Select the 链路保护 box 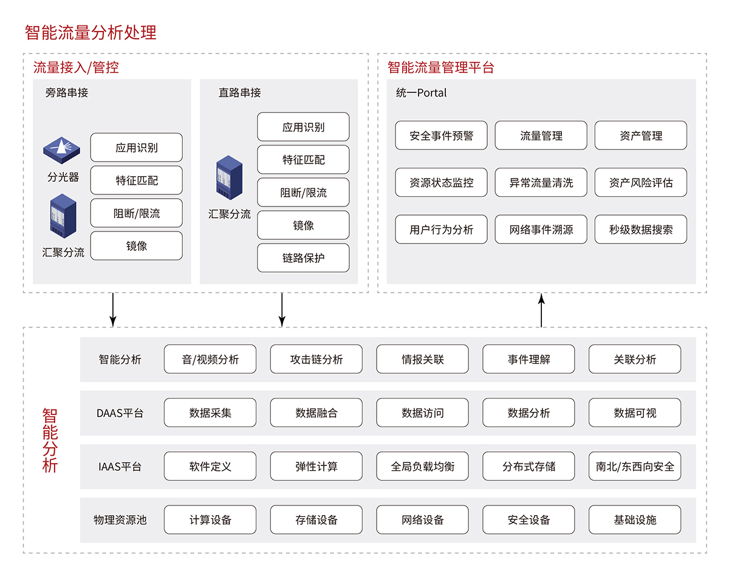pyautogui.click(x=303, y=258)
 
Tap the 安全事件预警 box pyautogui.click(x=441, y=135)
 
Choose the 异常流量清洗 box pyautogui.click(x=541, y=182)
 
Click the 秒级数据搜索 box pyautogui.click(x=640, y=230)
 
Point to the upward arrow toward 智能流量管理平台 pyautogui.click(x=541, y=310)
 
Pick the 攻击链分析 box pyautogui.click(x=316, y=359)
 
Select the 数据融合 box pyautogui.click(x=316, y=413)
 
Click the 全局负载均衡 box pyautogui.click(x=422, y=467)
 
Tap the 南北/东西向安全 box pyautogui.click(x=634, y=467)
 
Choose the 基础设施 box pyautogui.click(x=634, y=520)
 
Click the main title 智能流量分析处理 pyautogui.click(x=91, y=32)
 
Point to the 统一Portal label pyautogui.click(x=421, y=93)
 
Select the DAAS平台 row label pyautogui.click(x=120, y=413)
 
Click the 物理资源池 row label pyautogui.click(x=120, y=520)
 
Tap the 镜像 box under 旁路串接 pyautogui.click(x=136, y=246)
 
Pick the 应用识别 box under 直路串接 pyautogui.click(x=303, y=127)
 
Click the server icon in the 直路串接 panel pyautogui.click(x=230, y=176)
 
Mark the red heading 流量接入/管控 pyautogui.click(x=76, y=67)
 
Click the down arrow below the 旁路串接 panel pyautogui.click(x=112, y=310)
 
